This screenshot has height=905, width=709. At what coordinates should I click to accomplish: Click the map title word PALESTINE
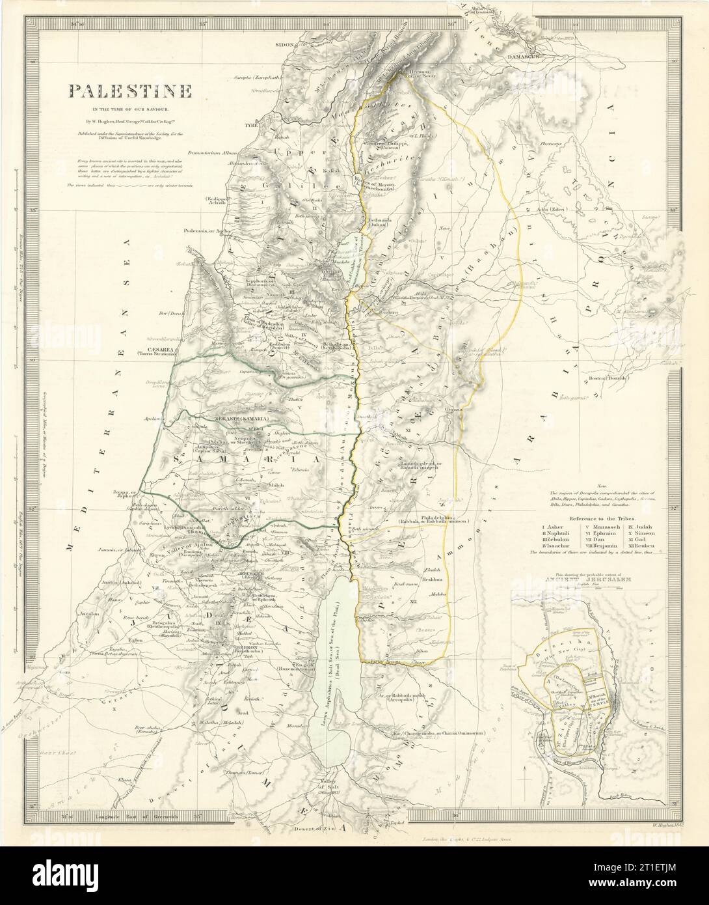[x=127, y=90]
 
